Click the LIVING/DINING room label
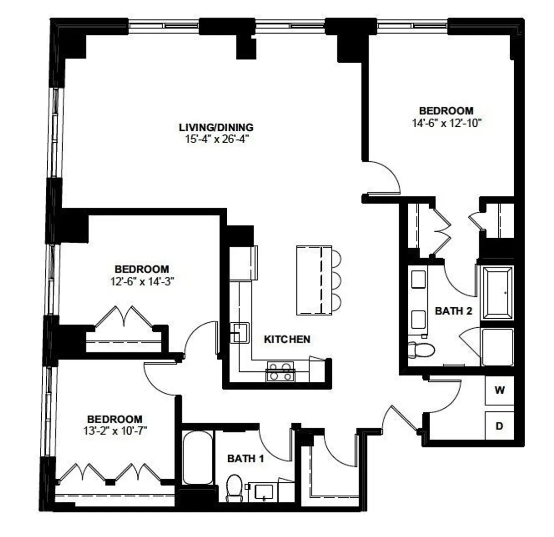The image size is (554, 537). (216, 127)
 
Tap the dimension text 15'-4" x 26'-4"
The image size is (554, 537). (217, 139)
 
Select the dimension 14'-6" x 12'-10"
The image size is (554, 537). (447, 123)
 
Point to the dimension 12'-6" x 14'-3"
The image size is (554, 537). (142, 281)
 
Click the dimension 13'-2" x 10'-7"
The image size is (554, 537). (115, 431)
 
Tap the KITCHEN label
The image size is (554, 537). (287, 340)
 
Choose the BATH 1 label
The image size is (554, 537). (246, 458)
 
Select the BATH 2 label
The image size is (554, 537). (454, 311)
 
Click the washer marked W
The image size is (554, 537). (499, 390)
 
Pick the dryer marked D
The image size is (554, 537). (499, 426)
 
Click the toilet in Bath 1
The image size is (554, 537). (234, 488)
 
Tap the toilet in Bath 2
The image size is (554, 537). (422, 350)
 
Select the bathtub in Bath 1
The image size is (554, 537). (198, 457)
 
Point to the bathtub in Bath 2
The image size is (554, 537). (497, 293)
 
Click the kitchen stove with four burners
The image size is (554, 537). (280, 371)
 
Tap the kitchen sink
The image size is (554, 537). (240, 333)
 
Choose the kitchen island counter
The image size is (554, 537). (314, 280)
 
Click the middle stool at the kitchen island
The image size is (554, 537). (336, 280)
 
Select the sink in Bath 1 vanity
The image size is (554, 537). (264, 492)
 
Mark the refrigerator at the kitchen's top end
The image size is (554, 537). (243, 263)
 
